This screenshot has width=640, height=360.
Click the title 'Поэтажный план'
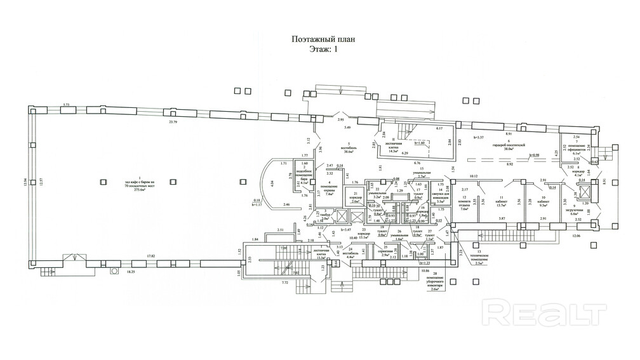pos(319,39)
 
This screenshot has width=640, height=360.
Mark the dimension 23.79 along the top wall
pos(170,121)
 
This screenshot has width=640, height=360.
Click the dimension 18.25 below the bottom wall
pos(132,270)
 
